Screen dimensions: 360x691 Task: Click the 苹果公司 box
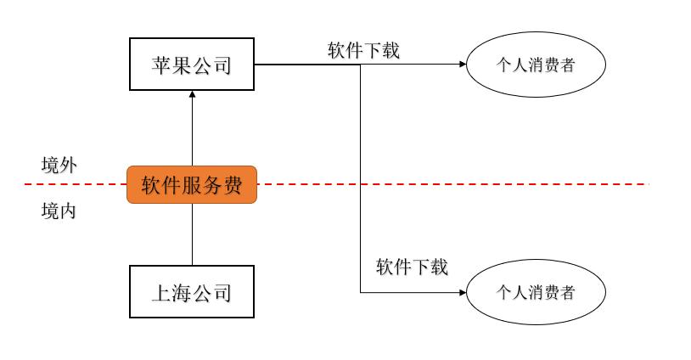pos(192,65)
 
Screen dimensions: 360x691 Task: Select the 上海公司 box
pos(192,293)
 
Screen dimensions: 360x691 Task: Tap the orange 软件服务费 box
pos(192,184)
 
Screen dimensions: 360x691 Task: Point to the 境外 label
pos(59,166)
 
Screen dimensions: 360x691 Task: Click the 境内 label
pos(59,211)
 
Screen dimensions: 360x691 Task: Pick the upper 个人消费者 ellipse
pos(536,65)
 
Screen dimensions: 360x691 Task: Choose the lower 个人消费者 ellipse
pos(536,293)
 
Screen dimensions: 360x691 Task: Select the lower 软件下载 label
pos(412,267)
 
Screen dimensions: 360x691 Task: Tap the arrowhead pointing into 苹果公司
pos(192,96)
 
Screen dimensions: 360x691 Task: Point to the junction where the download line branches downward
pos(361,65)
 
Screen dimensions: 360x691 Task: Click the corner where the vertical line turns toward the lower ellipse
pos(361,293)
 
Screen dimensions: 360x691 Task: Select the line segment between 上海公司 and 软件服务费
pos(192,234)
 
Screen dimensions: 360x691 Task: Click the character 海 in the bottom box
pos(182,294)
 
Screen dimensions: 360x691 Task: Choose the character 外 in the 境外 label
pos(69,166)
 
